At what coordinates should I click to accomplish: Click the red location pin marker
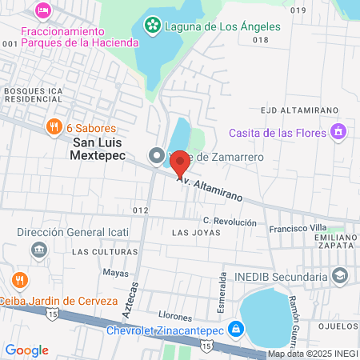pos(180,162)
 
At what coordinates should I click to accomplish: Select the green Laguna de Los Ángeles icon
pos(151,26)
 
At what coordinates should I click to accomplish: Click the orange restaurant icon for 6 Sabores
pos(54,127)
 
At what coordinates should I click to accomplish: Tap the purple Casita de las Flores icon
pos(339,131)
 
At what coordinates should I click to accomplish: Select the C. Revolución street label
pos(230,221)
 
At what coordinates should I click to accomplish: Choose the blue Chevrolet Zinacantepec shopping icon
pos(236,328)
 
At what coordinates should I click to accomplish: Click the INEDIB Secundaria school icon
pos(341,276)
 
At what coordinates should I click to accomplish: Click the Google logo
pos(27,350)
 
